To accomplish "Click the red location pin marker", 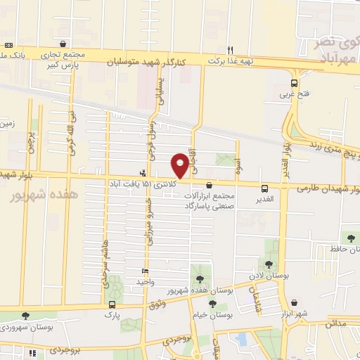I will click(181, 165).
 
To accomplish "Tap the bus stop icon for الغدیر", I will click(264, 188).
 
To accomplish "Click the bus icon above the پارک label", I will click(112, 304).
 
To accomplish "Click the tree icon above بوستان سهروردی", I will click(25, 316).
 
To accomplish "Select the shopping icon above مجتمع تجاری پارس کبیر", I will click(63, 43).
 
